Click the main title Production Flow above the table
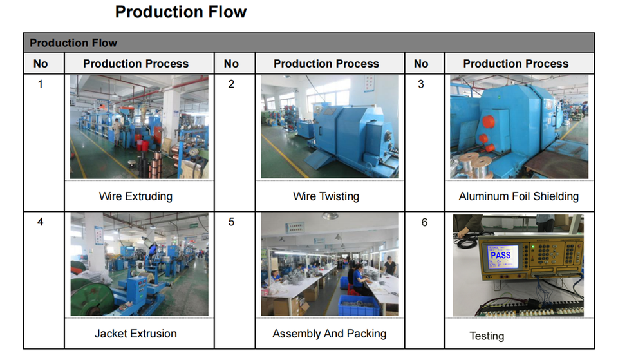coord(180,12)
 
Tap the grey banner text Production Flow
coord(73,43)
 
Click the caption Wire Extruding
coord(136,196)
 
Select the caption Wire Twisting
coord(326,196)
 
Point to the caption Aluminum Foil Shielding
coord(519,196)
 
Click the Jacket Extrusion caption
coord(136,334)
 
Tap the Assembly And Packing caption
coord(330,334)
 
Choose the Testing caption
coord(487,336)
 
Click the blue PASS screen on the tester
coord(502,256)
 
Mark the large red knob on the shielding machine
coord(488,122)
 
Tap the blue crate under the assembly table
coord(359,306)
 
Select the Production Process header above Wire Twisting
coord(326,64)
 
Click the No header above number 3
coord(421,64)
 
